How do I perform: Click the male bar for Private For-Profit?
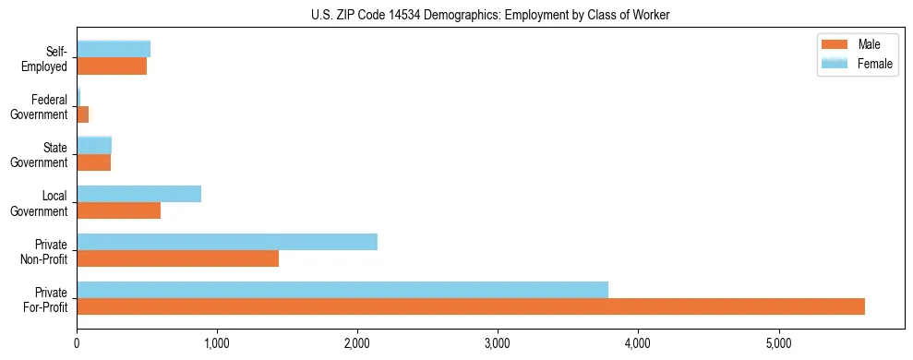pyautogui.click(x=471, y=306)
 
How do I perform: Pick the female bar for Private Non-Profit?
pyautogui.click(x=227, y=242)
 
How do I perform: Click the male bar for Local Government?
pyautogui.click(x=118, y=210)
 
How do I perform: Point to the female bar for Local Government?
pyautogui.click(x=138, y=194)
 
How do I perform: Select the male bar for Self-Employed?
pyautogui.click(x=112, y=66)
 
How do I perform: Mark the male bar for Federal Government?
pyautogui.click(x=83, y=114)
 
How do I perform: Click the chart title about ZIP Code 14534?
pyautogui.click(x=491, y=15)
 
